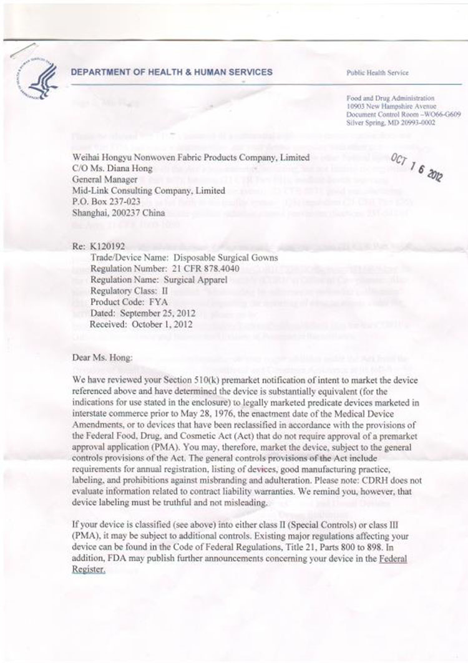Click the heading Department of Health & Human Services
172,72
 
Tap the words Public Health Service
378,73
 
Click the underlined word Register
87,570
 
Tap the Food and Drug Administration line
391,99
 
